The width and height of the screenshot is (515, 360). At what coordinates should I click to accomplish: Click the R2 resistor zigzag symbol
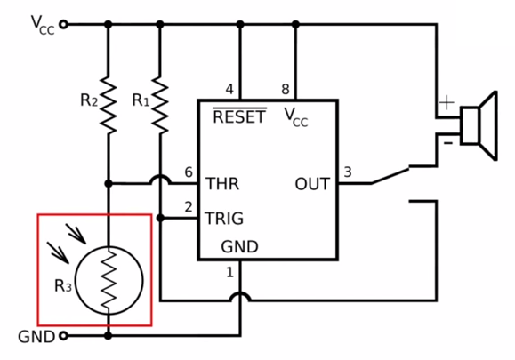click(x=108, y=105)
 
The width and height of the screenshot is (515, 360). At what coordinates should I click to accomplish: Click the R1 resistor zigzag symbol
click(x=160, y=105)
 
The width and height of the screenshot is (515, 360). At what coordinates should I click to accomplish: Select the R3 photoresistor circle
click(x=109, y=281)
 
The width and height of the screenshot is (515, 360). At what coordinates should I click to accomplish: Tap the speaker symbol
click(x=479, y=125)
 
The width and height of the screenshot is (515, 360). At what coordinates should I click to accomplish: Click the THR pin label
click(x=222, y=184)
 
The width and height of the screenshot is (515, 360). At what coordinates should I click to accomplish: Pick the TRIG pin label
click(x=224, y=219)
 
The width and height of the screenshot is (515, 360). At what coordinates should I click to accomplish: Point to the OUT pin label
click(x=312, y=184)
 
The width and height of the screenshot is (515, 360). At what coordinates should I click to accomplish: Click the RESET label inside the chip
click(x=239, y=116)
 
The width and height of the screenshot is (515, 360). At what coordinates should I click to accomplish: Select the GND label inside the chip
click(x=240, y=247)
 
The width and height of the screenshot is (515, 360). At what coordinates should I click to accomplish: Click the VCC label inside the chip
click(x=296, y=117)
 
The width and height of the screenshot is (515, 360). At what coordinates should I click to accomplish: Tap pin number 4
click(x=229, y=89)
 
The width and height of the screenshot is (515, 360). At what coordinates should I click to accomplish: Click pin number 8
click(x=286, y=89)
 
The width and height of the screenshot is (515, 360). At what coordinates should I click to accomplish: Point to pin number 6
click(x=189, y=172)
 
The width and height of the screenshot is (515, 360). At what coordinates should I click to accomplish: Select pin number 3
click(x=348, y=172)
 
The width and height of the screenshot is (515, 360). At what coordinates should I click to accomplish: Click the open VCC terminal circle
click(x=63, y=24)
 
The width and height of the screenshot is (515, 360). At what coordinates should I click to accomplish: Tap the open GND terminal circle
click(x=63, y=336)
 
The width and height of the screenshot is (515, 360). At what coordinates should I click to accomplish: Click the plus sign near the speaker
click(x=447, y=103)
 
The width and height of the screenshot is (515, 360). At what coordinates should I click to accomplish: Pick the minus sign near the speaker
click(x=448, y=143)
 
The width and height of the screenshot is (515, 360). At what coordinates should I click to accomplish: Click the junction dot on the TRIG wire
click(x=160, y=218)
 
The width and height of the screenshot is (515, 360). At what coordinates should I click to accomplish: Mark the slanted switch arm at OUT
click(x=390, y=176)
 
